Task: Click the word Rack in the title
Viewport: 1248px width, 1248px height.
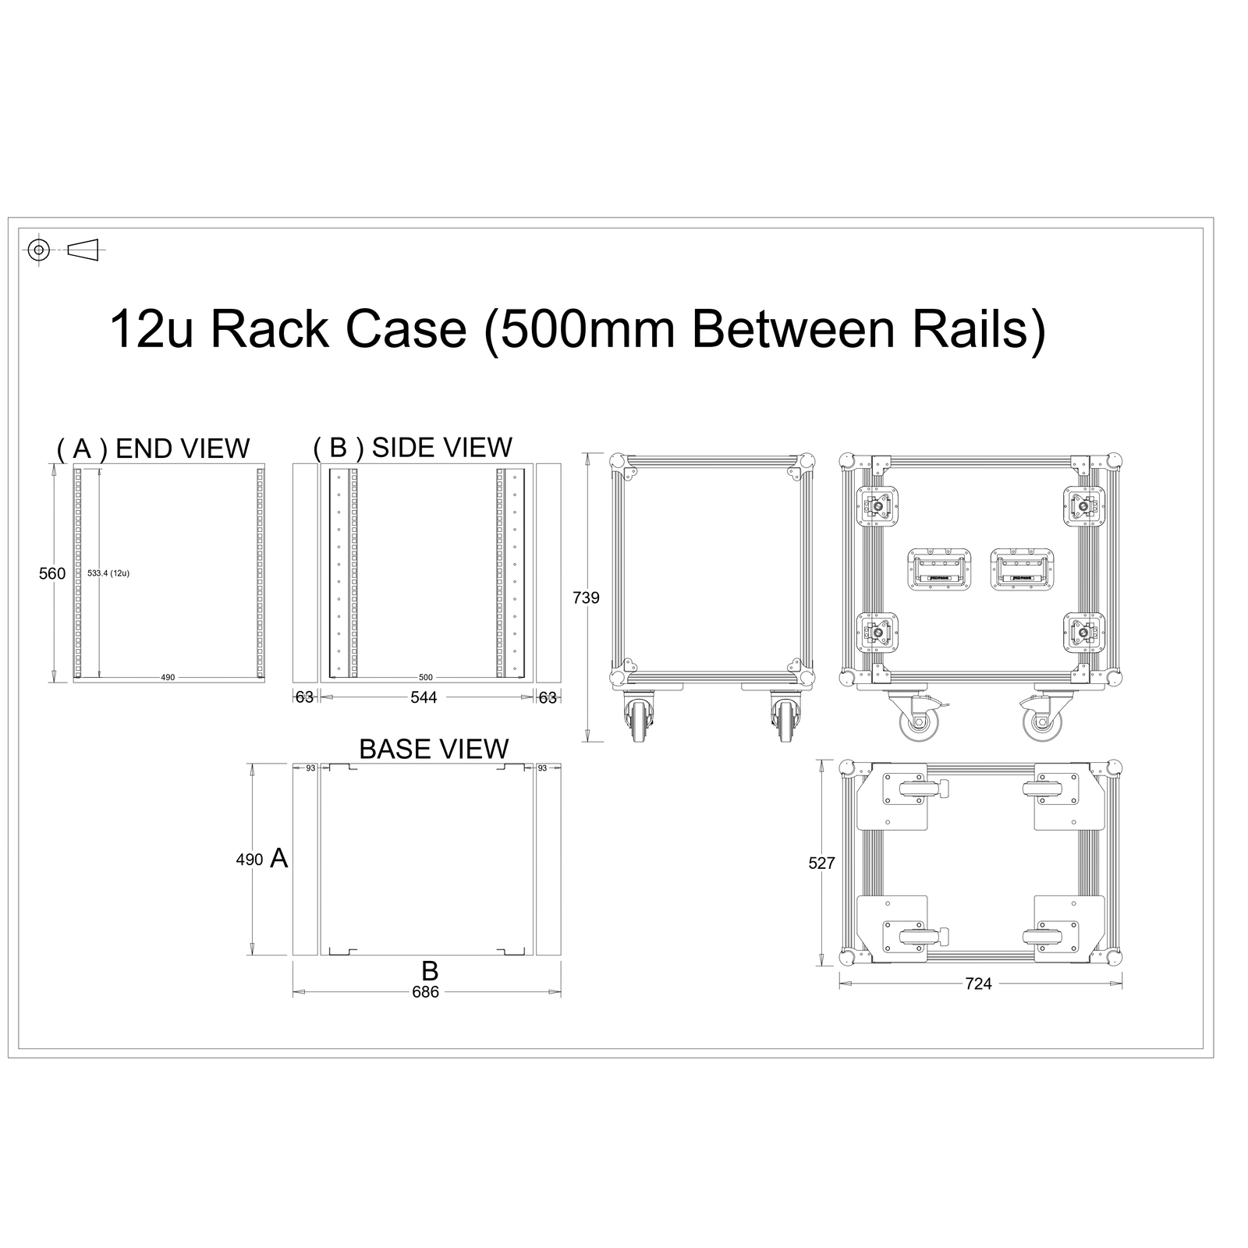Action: (270, 328)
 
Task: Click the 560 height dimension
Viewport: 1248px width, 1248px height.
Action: (52, 573)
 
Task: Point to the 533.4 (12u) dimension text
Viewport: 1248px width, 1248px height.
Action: (108, 573)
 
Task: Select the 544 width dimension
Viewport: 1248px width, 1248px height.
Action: (424, 697)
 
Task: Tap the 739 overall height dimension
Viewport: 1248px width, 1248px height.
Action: (586, 597)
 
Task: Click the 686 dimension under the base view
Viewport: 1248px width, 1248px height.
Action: (425, 991)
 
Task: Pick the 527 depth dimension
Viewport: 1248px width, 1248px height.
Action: (821, 863)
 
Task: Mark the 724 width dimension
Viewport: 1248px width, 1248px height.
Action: (978, 984)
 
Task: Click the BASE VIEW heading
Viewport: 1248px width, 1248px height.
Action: (434, 749)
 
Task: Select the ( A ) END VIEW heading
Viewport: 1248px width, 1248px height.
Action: (153, 448)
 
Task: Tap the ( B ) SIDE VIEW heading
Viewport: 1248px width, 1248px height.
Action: (413, 447)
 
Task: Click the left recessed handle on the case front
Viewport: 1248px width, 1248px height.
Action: (939, 570)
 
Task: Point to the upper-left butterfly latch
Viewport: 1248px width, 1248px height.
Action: (877, 508)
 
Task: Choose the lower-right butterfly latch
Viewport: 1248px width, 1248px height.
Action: (1084, 633)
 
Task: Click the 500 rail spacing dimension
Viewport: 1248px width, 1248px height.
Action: (425, 677)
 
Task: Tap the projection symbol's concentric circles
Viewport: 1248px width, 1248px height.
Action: (39, 250)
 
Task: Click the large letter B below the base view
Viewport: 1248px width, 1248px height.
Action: (430, 971)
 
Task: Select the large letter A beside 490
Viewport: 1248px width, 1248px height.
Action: (278, 859)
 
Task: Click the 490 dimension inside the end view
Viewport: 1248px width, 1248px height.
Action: (168, 677)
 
